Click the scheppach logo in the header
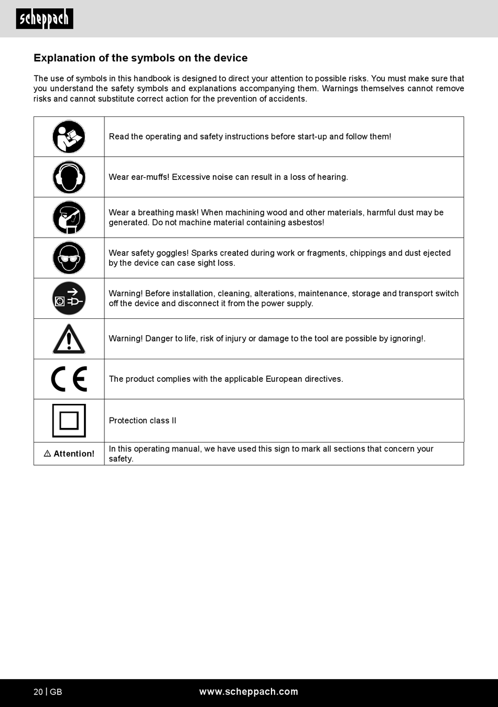[45, 19]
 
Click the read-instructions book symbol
[69, 137]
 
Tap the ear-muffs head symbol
[69, 177]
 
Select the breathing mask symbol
[69, 218]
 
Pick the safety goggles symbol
[69, 258]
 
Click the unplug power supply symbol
[69, 298]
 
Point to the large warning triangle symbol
[69, 339]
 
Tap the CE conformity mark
[69, 379]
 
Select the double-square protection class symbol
[69, 421]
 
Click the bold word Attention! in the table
[74, 454]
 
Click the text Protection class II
[143, 421]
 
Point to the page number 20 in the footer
[38, 692]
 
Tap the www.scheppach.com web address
[248, 692]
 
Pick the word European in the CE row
[284, 379]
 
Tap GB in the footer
[56, 692]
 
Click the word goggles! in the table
[172, 253]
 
